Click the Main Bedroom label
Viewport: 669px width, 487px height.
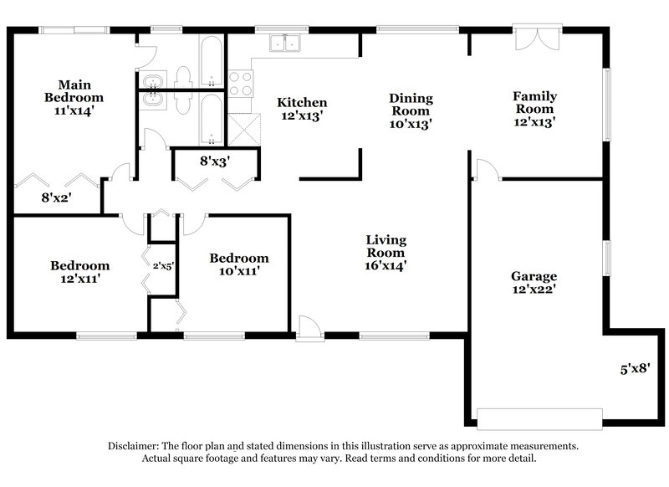click(x=74, y=97)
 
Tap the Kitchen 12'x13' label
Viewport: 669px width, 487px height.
click(x=302, y=109)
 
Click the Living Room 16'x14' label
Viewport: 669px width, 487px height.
click(x=386, y=253)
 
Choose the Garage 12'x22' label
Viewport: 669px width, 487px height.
click(x=534, y=282)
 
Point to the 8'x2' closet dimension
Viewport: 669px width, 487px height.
click(x=57, y=198)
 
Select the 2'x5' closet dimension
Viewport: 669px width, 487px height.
click(x=162, y=265)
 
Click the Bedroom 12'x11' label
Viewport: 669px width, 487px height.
click(x=79, y=272)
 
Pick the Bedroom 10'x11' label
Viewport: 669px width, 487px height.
click(x=238, y=264)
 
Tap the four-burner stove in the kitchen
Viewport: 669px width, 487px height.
click(x=241, y=84)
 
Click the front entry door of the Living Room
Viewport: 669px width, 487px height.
click(x=309, y=329)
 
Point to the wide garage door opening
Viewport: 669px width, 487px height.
click(x=539, y=418)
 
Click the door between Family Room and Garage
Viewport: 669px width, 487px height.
click(x=486, y=170)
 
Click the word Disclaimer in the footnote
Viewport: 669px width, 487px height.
click(x=136, y=446)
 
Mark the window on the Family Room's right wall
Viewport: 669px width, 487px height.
click(x=608, y=105)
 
